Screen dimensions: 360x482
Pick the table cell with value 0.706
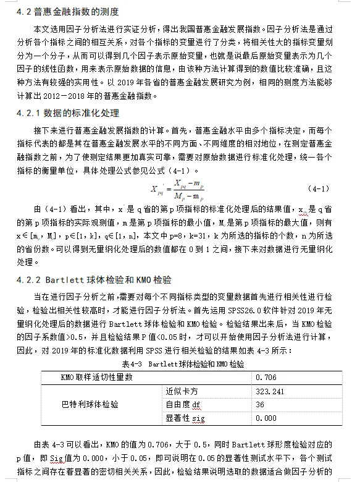[266, 376]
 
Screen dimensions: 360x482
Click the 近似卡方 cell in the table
[181, 391]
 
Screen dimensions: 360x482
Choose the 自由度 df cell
[183, 404]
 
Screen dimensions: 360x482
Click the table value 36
[259, 404]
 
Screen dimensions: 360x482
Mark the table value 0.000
[266, 418]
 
